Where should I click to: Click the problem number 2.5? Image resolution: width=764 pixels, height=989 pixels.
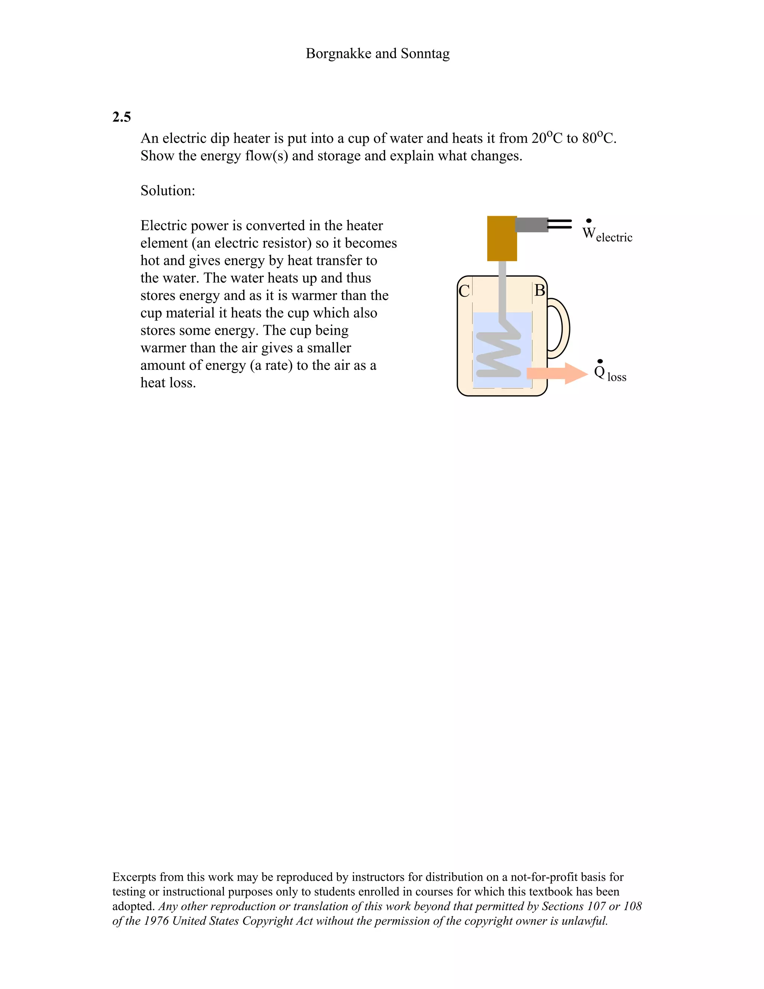[121, 117]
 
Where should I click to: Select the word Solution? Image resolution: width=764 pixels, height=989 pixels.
[167, 191]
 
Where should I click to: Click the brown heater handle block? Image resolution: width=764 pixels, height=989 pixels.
[501, 238]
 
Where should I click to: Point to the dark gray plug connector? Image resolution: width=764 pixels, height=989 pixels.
[532, 225]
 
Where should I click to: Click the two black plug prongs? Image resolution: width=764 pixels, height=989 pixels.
[560, 224]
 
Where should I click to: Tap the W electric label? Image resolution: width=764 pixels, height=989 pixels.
[607, 234]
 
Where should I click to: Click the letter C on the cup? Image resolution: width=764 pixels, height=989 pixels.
[464, 291]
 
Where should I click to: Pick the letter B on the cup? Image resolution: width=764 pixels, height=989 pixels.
[539, 291]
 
